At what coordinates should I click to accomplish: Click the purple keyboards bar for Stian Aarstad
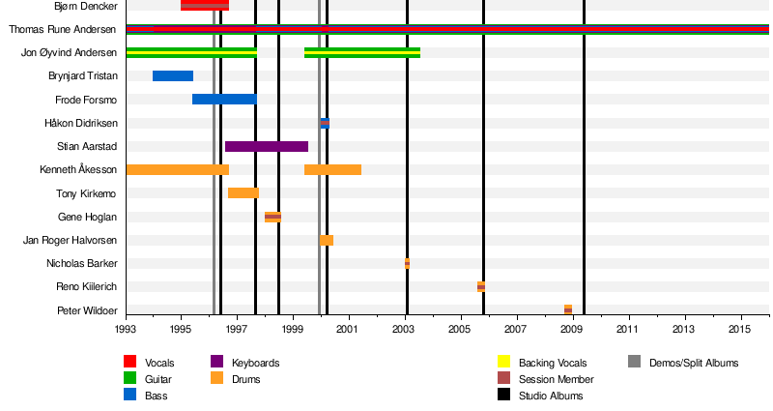[266, 146]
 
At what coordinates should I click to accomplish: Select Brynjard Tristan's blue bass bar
[173, 76]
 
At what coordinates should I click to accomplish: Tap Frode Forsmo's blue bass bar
[224, 100]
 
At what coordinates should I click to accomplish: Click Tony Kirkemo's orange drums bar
[243, 193]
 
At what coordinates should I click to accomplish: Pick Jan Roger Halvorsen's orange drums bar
[327, 240]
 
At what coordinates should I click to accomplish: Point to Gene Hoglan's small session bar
[272, 217]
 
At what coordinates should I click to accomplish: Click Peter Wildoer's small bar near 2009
[568, 309]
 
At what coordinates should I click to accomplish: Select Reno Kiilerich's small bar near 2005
[480, 286]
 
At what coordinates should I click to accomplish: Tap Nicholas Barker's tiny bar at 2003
[407, 263]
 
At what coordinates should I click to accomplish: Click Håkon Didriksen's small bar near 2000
[325, 123]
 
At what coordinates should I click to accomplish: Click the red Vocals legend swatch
[129, 363]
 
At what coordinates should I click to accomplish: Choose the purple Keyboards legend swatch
[216, 363]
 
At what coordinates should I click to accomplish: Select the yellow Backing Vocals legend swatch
[503, 363]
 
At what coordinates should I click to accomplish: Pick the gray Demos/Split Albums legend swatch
[634, 363]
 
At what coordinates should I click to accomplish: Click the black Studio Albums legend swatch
[503, 396]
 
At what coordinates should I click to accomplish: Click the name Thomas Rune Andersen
[63, 29]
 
